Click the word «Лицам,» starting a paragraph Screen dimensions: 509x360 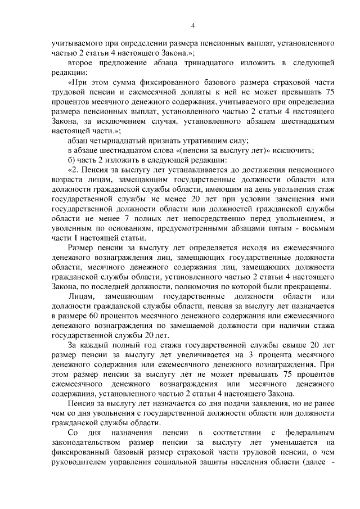click(81, 296)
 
